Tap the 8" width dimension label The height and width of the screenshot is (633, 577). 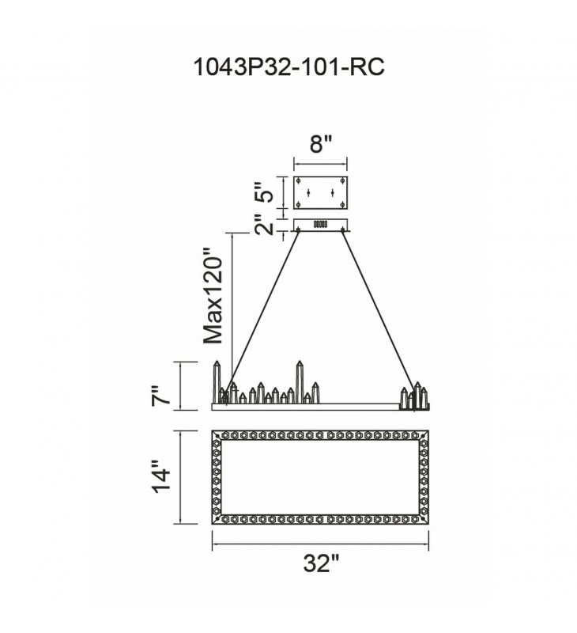(x=319, y=146)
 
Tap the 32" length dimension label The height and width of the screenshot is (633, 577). (x=320, y=564)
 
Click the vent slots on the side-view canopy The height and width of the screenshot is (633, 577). (x=320, y=225)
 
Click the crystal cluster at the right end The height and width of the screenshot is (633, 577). (x=416, y=396)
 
